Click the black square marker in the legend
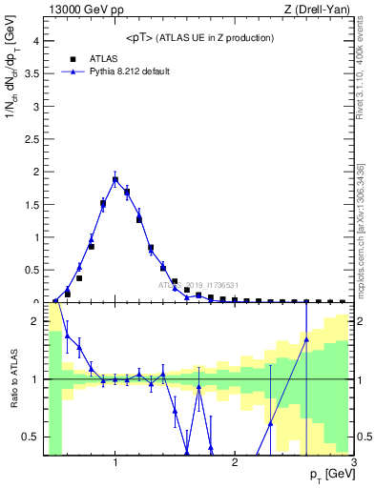tap(73, 57)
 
